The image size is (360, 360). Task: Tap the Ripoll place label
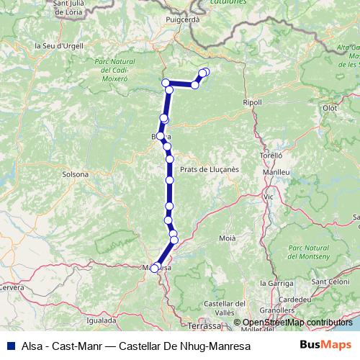coord(253,102)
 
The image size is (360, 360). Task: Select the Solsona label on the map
coord(76,174)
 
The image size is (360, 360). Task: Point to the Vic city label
coord(269,196)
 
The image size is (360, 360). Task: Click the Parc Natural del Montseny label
coord(307,252)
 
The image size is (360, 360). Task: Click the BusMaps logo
coord(325,346)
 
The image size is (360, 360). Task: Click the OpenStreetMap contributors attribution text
coord(297,323)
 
